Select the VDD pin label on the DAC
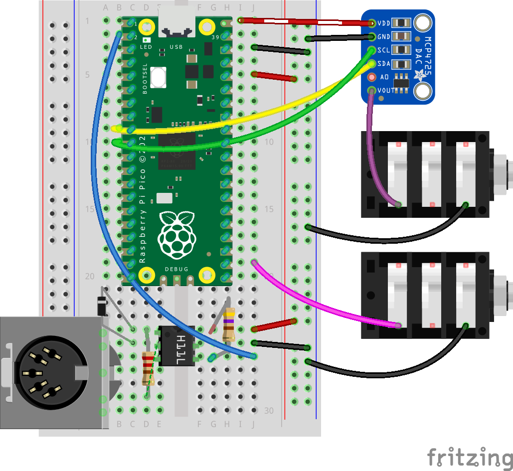coord(384,23)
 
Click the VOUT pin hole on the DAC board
coord(371,90)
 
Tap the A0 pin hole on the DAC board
coord(371,77)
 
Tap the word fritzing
coord(469,457)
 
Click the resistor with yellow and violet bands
coord(229,324)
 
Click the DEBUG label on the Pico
coord(176,269)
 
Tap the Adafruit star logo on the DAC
coord(420,76)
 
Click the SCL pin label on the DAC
coord(384,50)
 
